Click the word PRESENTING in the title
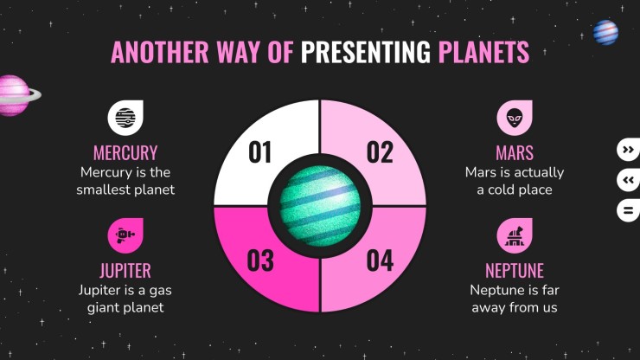[365, 52]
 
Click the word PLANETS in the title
[483, 52]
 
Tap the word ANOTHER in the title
[160, 52]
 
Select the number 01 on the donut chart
[259, 152]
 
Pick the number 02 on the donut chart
[380, 152]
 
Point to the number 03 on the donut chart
[260, 260]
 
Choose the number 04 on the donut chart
[380, 260]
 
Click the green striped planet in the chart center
[320, 206]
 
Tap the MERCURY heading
[125, 153]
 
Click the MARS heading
[515, 153]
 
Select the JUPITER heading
[125, 271]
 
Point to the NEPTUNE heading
[515, 271]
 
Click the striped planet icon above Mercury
[125, 118]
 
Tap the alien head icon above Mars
[515, 118]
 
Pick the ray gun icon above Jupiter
[125, 235]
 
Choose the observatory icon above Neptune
[515, 235]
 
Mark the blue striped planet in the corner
[605, 32]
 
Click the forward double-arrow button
[629, 150]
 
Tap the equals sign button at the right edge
[629, 210]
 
